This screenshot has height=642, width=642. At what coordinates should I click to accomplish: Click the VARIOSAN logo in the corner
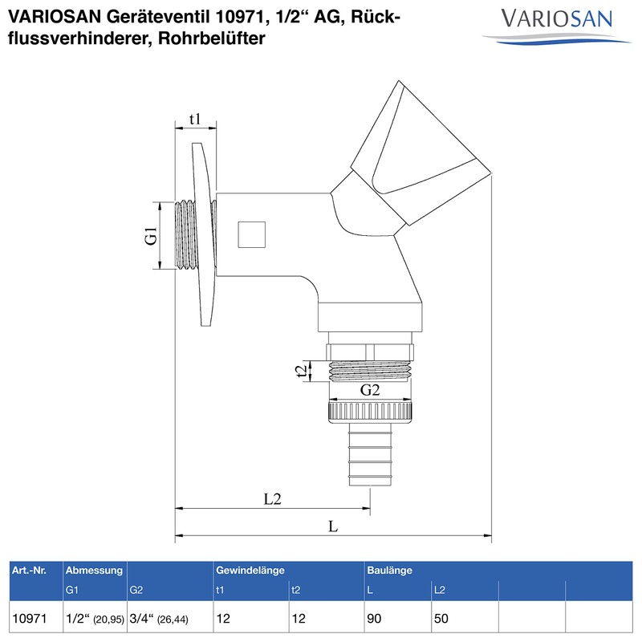555,22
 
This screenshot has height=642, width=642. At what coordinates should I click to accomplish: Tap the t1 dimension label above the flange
194,120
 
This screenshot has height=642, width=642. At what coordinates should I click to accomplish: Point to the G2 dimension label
369,391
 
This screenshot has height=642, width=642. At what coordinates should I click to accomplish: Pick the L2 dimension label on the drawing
273,498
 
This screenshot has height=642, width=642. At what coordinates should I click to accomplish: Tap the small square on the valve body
252,234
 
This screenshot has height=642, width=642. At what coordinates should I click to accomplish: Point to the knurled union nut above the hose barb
370,413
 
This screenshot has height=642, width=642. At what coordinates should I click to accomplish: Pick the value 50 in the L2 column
441,620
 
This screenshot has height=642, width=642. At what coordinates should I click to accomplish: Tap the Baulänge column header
389,570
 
